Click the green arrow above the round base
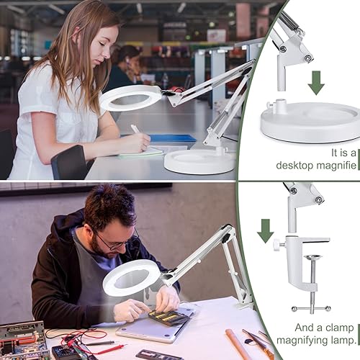tap(315, 83)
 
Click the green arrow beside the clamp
tap(265, 230)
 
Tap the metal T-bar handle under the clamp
tap(310, 307)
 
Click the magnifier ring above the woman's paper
tap(131, 97)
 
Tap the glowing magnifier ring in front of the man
tap(131, 277)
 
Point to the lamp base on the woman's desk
tap(189, 160)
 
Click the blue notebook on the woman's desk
tap(173, 138)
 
